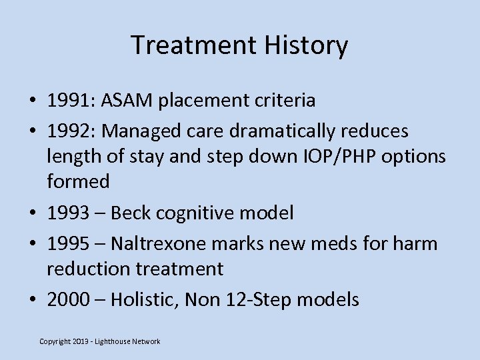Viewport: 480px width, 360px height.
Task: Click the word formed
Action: point(77,181)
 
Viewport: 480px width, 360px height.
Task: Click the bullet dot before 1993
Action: point(32,214)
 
